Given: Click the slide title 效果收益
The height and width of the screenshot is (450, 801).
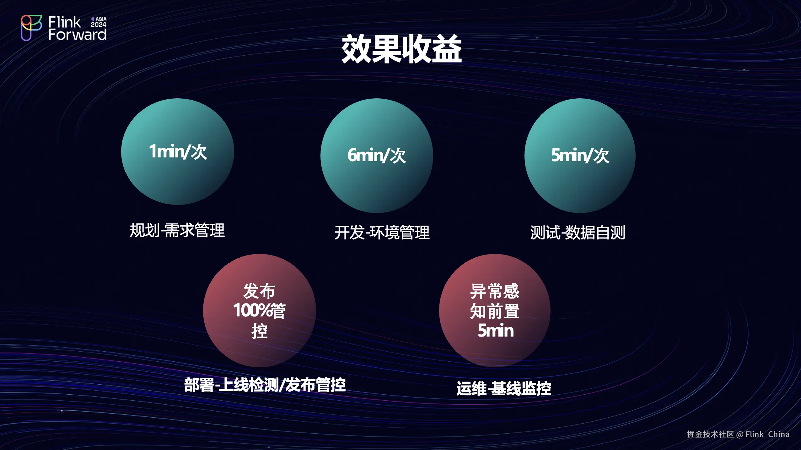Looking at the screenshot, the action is click(401, 49).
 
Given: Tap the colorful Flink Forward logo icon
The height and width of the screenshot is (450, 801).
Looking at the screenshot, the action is click(31, 28).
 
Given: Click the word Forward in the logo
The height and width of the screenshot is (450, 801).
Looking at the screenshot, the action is click(78, 34).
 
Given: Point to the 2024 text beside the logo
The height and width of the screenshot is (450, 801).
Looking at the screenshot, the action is click(99, 25).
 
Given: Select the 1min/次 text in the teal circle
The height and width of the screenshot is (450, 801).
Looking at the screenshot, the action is click(178, 152).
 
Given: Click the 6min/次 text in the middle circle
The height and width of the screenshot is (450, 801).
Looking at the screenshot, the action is click(377, 155).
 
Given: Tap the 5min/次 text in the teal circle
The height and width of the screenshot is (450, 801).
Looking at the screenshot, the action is click(580, 155).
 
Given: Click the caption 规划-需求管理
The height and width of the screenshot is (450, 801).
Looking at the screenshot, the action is click(177, 230).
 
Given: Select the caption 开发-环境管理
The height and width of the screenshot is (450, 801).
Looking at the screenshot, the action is click(382, 233).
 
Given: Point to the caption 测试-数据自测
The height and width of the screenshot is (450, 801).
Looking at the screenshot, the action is click(578, 233).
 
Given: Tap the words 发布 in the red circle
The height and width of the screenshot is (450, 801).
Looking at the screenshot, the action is click(259, 291).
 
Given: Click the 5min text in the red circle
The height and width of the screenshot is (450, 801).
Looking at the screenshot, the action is click(496, 331).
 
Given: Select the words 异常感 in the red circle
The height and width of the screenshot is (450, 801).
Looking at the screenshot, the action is click(495, 291).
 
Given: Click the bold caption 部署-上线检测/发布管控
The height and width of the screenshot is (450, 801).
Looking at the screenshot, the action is click(265, 385).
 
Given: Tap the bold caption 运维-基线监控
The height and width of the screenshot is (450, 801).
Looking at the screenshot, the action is click(504, 388).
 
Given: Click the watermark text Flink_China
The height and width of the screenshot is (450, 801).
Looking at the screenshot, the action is click(767, 434).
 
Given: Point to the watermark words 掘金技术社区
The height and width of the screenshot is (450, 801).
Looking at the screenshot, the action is click(710, 434).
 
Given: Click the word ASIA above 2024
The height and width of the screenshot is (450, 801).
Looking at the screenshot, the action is click(101, 19).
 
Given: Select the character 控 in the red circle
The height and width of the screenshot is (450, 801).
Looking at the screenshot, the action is click(260, 331).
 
